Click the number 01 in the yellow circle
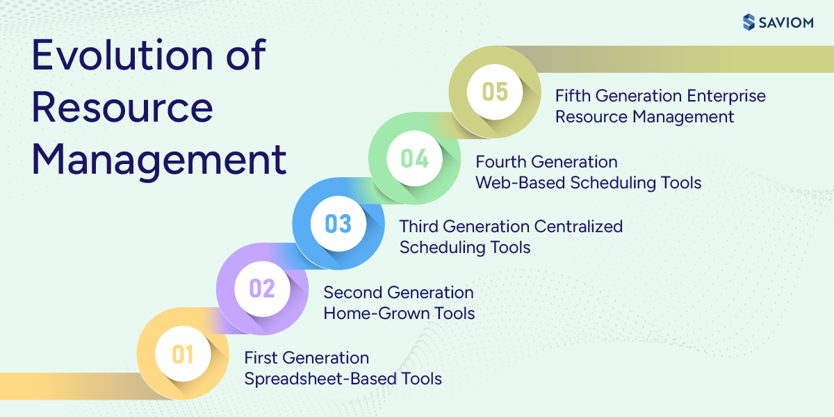tap(182, 354)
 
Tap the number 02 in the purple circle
tap(261, 288)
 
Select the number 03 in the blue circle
tap(338, 224)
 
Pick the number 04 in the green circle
tap(415, 158)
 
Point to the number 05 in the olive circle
tap(495, 92)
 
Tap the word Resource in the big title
tap(122, 108)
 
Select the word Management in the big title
tap(159, 159)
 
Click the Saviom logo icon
tap(749, 22)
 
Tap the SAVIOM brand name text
tap(787, 22)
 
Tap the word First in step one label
tap(261, 358)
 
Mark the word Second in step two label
tap(352, 292)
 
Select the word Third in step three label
tap(419, 227)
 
